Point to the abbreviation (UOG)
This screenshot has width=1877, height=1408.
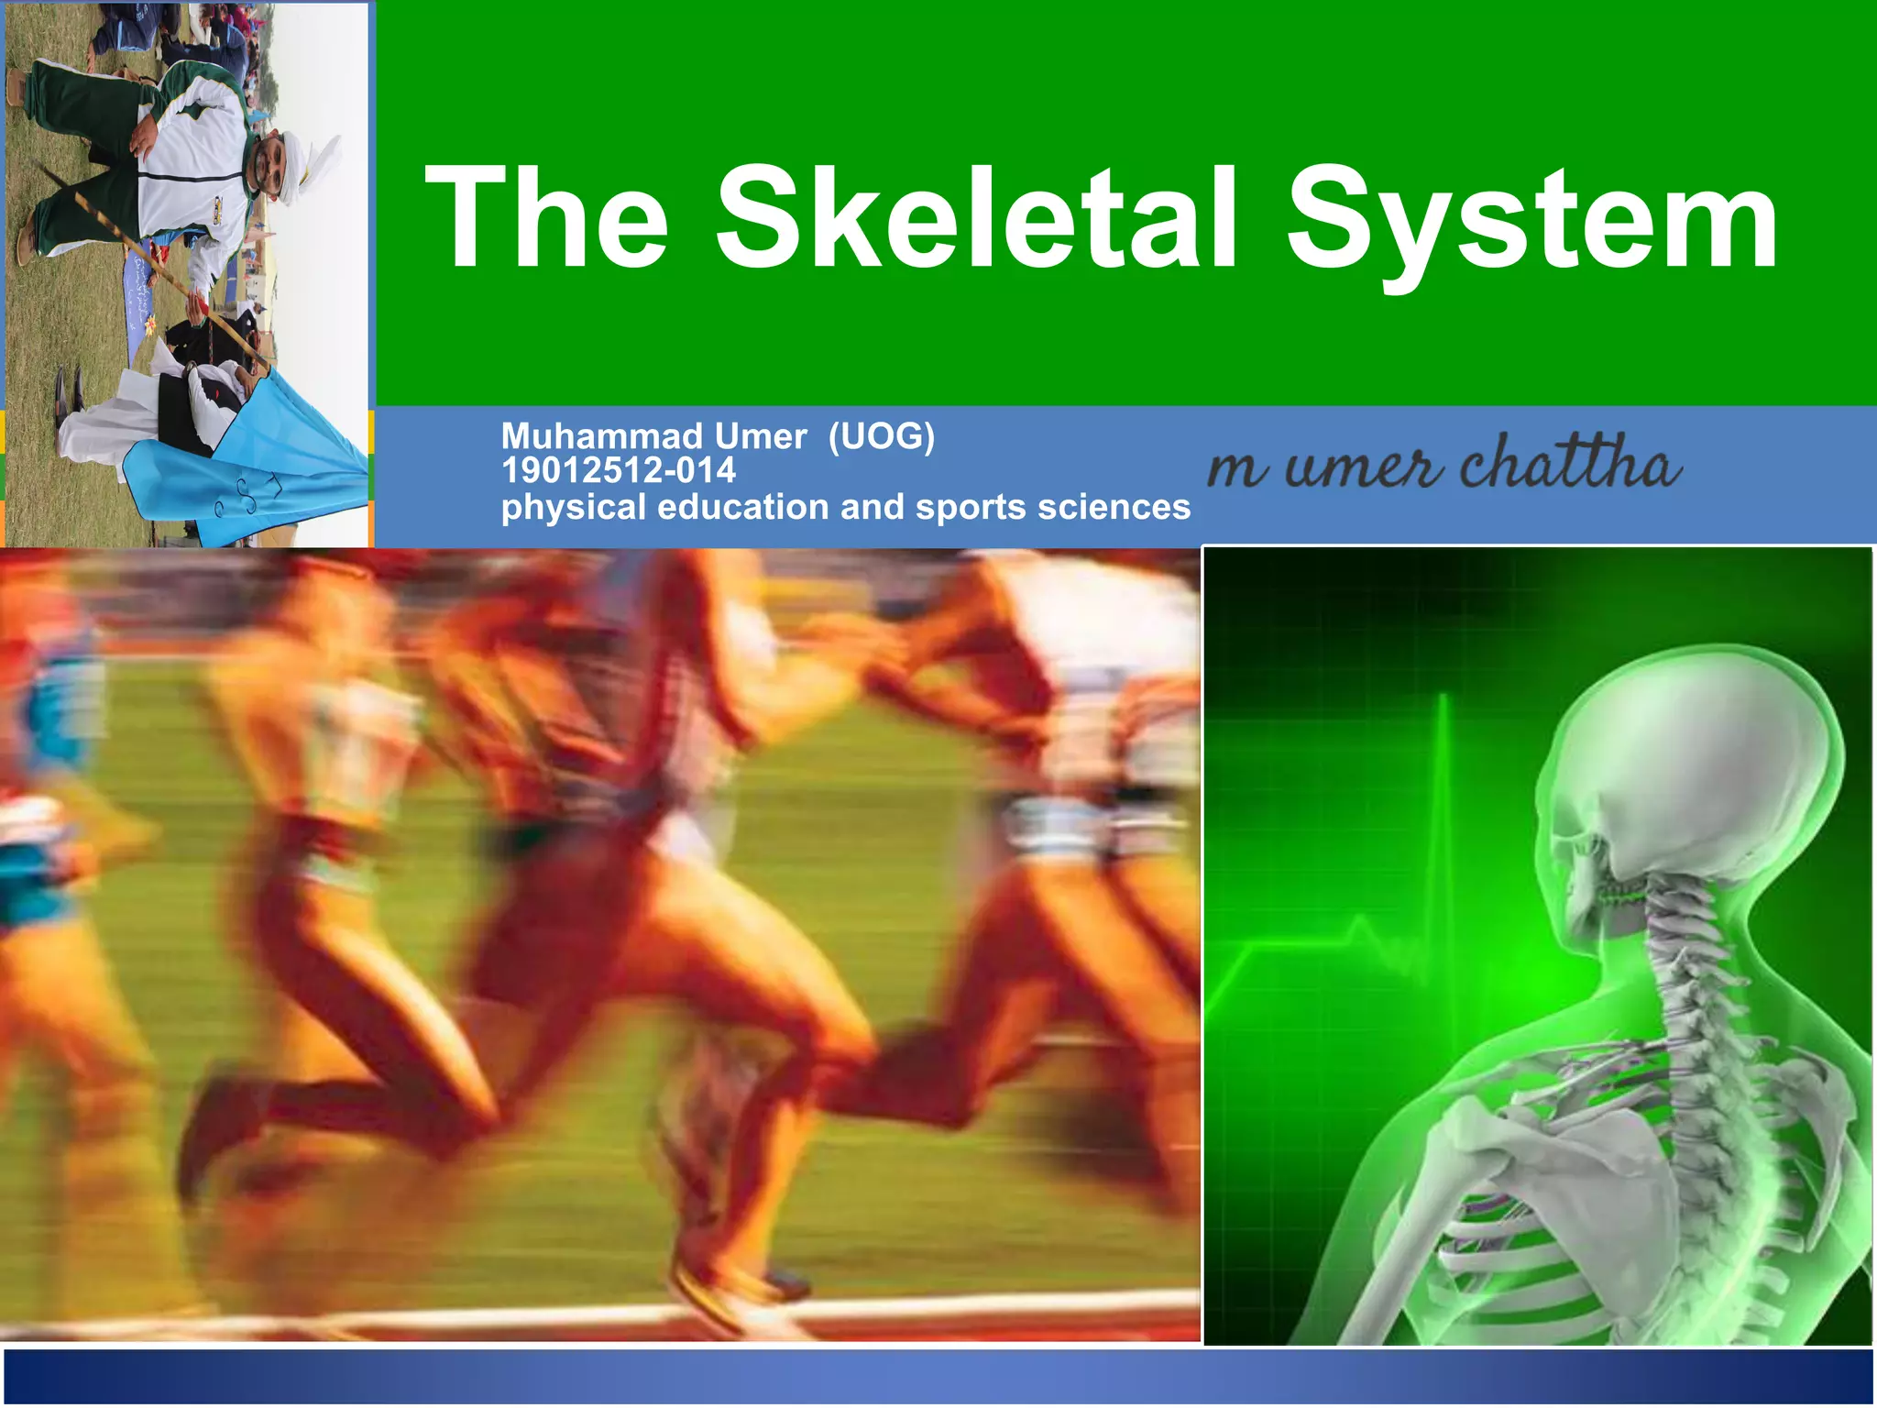coord(881,436)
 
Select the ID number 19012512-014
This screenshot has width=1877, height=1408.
coord(619,471)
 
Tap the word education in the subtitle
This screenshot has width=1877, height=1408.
coord(742,507)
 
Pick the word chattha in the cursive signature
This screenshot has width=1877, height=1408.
coord(1570,463)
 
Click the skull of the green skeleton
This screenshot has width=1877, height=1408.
coord(1696,770)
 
